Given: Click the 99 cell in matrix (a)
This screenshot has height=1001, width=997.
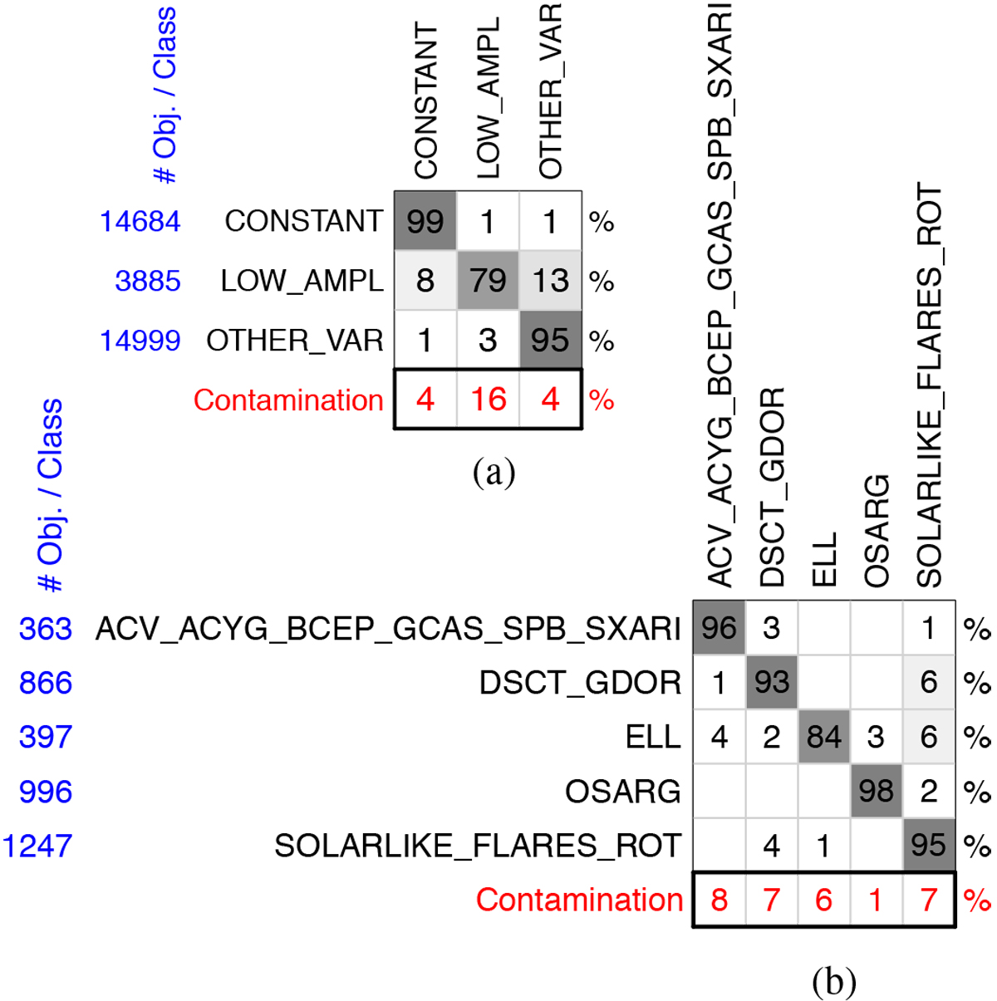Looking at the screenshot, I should point(425,222).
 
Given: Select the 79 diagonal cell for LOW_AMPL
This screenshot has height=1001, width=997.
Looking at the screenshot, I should point(488,281).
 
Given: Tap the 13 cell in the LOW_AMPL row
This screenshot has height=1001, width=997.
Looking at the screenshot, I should point(550,281).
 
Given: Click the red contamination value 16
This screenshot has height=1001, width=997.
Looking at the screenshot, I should point(488,400).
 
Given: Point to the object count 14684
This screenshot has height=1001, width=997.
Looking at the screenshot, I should point(140,222).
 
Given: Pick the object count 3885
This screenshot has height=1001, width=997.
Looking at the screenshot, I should point(147,281).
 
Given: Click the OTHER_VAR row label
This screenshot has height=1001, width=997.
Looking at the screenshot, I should point(294,341).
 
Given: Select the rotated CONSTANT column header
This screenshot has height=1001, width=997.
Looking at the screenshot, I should point(425,101).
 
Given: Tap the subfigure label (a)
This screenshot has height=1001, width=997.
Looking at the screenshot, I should point(494,472).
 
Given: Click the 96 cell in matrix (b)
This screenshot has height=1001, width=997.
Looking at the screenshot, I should point(719,628).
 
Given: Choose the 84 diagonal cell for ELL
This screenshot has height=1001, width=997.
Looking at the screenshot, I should point(823,737).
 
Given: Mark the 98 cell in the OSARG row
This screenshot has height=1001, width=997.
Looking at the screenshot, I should point(876,791).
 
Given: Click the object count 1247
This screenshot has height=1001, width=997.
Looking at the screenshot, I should point(37,846).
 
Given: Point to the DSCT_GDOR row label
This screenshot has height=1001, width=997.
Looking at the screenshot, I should point(580,683).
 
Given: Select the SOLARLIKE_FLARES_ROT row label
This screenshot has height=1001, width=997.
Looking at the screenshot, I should point(477,846).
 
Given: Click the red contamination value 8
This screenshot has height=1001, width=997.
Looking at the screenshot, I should point(720,900).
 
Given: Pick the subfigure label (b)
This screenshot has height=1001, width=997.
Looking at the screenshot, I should point(833,982).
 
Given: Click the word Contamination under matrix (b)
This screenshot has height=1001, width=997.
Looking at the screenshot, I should point(579,900).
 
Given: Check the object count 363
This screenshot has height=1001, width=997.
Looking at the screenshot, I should point(46,629).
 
